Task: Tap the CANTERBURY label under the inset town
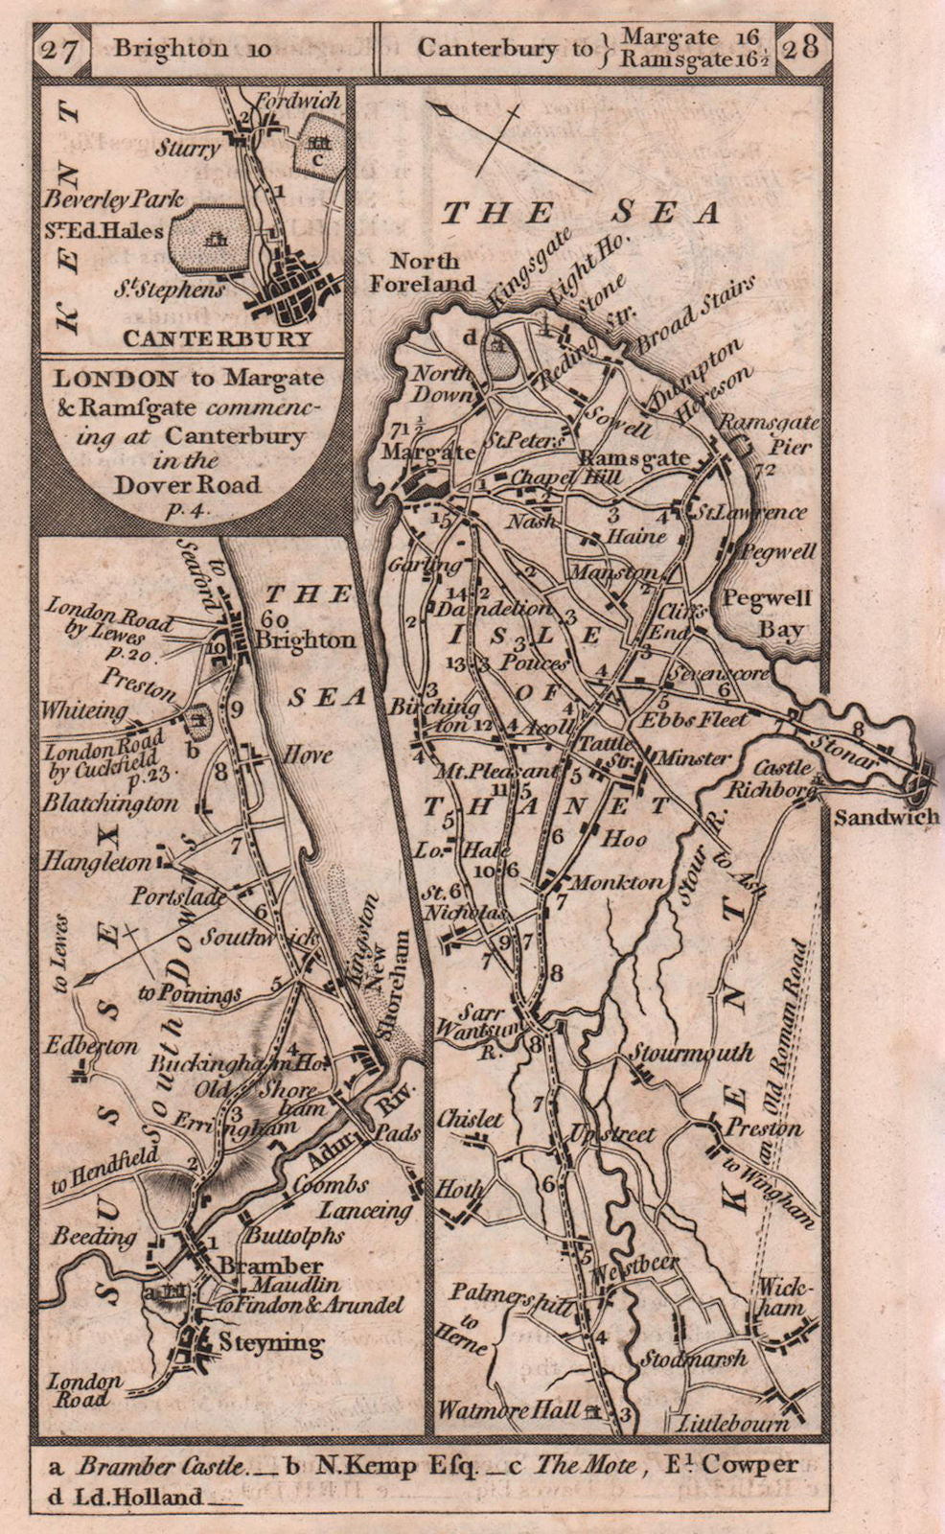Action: point(217,338)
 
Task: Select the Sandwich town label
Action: point(887,817)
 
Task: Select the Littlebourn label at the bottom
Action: point(734,1425)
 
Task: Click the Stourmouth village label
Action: point(691,1053)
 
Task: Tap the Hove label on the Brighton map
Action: point(307,755)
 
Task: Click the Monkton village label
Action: point(617,883)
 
